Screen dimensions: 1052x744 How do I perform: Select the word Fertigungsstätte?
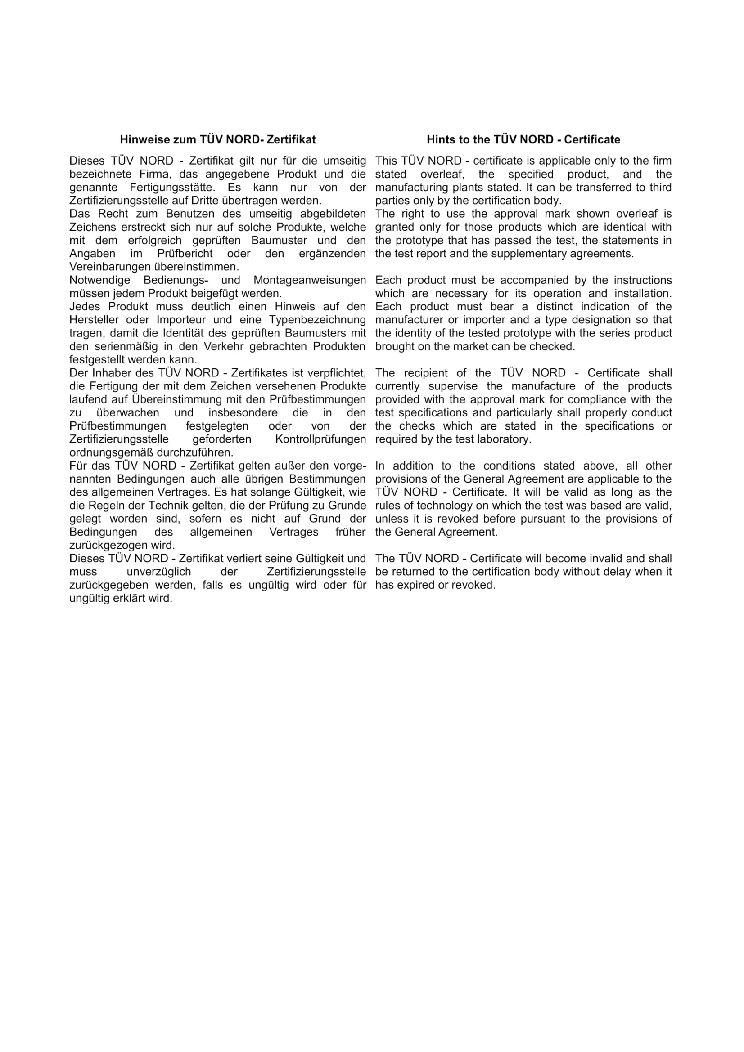[x=172, y=188]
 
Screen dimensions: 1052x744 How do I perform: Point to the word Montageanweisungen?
[x=310, y=280]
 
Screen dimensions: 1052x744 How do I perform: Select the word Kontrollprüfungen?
[x=320, y=439]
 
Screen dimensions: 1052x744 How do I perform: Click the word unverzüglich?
[x=158, y=572]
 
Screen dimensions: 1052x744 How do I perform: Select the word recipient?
[x=424, y=373]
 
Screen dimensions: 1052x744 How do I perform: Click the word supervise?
[x=453, y=386]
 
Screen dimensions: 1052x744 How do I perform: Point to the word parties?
[x=389, y=201]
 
